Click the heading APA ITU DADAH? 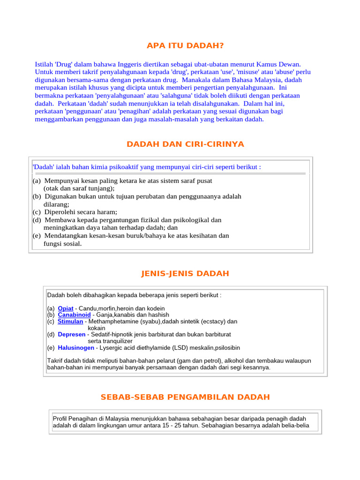pyautogui.click(x=185, y=45)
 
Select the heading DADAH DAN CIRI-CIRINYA pyautogui.click(x=185, y=144)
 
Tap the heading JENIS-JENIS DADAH pyautogui.click(x=185, y=273)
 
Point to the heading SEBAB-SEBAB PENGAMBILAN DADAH pyautogui.click(x=185, y=397)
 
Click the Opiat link pyautogui.click(x=66, y=308)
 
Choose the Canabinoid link pyautogui.click(x=74, y=315)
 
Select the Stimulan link pyautogui.click(x=70, y=322)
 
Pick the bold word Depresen pyautogui.click(x=72, y=335)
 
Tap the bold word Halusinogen pyautogui.click(x=76, y=348)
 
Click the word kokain pyautogui.click(x=97, y=328)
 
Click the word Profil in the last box pyautogui.click(x=61, y=419)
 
